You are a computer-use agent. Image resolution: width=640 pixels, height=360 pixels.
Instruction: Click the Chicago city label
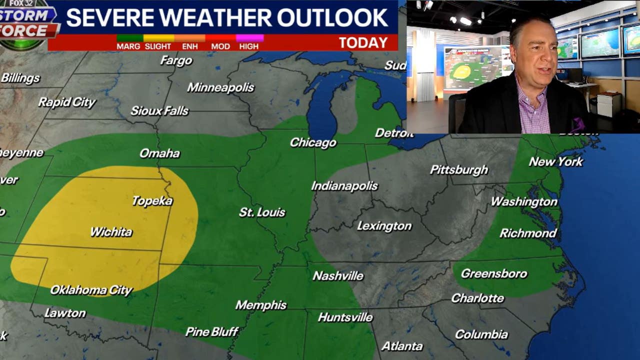313,143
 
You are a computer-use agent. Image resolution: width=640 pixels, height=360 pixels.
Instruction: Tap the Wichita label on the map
111,232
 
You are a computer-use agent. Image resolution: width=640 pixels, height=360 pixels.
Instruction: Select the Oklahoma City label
91,290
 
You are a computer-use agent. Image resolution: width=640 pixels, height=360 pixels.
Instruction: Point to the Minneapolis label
220,87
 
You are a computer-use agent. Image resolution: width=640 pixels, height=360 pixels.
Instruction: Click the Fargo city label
176,61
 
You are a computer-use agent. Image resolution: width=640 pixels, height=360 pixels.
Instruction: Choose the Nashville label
338,275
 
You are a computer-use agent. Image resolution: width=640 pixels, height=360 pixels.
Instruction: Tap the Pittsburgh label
459,170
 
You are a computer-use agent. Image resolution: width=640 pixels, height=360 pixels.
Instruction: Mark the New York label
556,161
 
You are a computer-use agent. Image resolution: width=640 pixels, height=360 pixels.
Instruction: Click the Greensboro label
494,273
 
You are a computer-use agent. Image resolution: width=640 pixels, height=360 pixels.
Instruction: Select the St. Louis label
262,212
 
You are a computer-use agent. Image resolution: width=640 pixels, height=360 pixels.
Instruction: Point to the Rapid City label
67,102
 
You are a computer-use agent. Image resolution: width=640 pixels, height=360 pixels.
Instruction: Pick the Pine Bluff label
212,331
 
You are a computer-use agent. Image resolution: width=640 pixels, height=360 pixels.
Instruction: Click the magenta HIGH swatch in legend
249,38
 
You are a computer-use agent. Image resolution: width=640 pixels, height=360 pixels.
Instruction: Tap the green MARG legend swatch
129,38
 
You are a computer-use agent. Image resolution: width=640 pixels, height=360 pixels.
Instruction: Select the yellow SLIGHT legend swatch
158,38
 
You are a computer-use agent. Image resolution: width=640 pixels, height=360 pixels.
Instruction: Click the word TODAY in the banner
363,43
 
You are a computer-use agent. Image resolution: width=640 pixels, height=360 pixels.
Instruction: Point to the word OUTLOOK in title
332,18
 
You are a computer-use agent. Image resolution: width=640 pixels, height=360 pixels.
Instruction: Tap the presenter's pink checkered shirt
534,110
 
